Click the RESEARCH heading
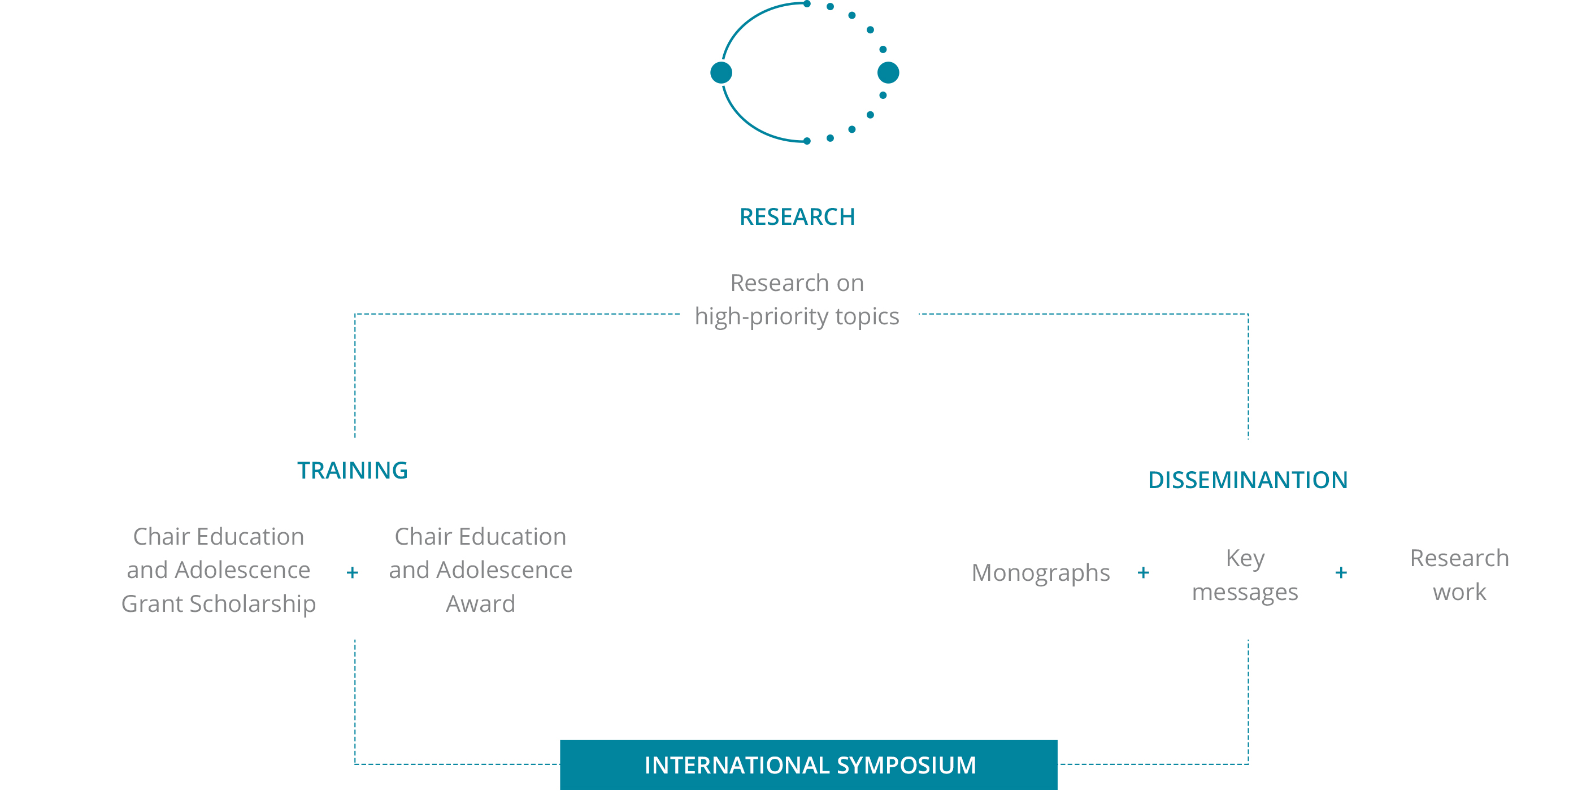click(x=797, y=217)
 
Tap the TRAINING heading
click(x=353, y=471)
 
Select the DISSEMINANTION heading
click(x=1248, y=480)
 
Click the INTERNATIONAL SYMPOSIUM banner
click(x=809, y=765)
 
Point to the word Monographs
click(x=1041, y=573)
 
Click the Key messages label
click(x=1245, y=575)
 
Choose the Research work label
click(x=1460, y=575)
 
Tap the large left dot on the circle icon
click(x=721, y=72)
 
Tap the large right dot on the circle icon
click(x=888, y=72)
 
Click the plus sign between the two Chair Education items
click(x=353, y=573)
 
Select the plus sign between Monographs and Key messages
click(x=1144, y=573)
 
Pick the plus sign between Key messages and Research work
click(x=1341, y=573)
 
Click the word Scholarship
click(x=253, y=605)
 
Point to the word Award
click(x=481, y=605)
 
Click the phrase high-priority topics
click(x=797, y=317)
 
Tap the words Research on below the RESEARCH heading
click(x=797, y=283)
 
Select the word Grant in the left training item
click(x=153, y=605)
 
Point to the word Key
click(x=1245, y=559)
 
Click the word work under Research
click(x=1460, y=593)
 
